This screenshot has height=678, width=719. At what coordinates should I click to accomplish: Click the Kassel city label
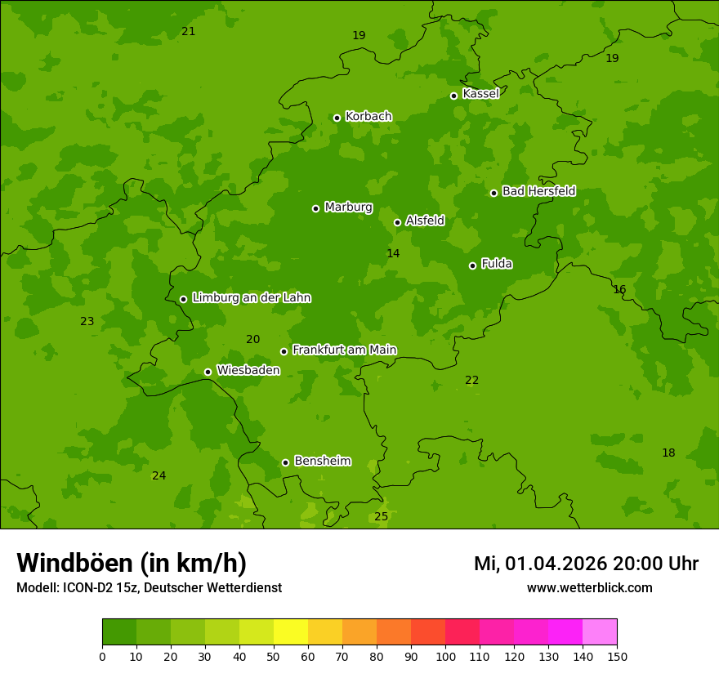pyautogui.click(x=480, y=94)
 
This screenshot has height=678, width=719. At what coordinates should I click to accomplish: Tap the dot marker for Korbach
pyautogui.click(x=337, y=118)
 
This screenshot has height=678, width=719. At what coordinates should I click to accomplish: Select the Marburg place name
pyautogui.click(x=348, y=207)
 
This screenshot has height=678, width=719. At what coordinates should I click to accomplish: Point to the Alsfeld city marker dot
pyautogui.click(x=397, y=222)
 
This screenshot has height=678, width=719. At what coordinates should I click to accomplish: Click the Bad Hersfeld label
pyautogui.click(x=538, y=191)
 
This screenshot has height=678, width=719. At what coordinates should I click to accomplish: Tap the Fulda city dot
pyautogui.click(x=472, y=265)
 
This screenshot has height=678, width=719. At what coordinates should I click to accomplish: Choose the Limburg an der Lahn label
pyautogui.click(x=251, y=298)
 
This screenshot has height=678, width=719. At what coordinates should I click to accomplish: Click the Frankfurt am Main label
pyautogui.click(x=344, y=350)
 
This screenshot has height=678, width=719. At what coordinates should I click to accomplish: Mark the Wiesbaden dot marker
pyautogui.click(x=208, y=372)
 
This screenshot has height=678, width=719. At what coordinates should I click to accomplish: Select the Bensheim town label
pyautogui.click(x=322, y=461)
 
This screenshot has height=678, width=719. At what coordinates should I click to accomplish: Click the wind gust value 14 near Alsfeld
pyautogui.click(x=393, y=254)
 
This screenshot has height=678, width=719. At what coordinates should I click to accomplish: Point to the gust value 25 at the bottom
pyautogui.click(x=381, y=517)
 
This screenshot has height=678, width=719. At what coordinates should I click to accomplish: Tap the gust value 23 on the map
pyautogui.click(x=87, y=322)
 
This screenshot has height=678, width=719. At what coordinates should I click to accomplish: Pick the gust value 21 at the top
pyautogui.click(x=188, y=32)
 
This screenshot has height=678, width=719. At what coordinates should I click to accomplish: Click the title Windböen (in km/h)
pyautogui.click(x=132, y=563)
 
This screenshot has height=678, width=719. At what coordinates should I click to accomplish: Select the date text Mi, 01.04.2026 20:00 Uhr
pyautogui.click(x=586, y=564)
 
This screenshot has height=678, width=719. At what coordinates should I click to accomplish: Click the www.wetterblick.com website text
pyautogui.click(x=589, y=588)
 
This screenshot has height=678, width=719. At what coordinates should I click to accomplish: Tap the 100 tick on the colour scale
pyautogui.click(x=445, y=657)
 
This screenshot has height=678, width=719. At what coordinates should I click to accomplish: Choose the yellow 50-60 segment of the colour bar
pyautogui.click(x=291, y=632)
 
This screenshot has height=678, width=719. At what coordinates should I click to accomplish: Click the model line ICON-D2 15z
pyautogui.click(x=149, y=588)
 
